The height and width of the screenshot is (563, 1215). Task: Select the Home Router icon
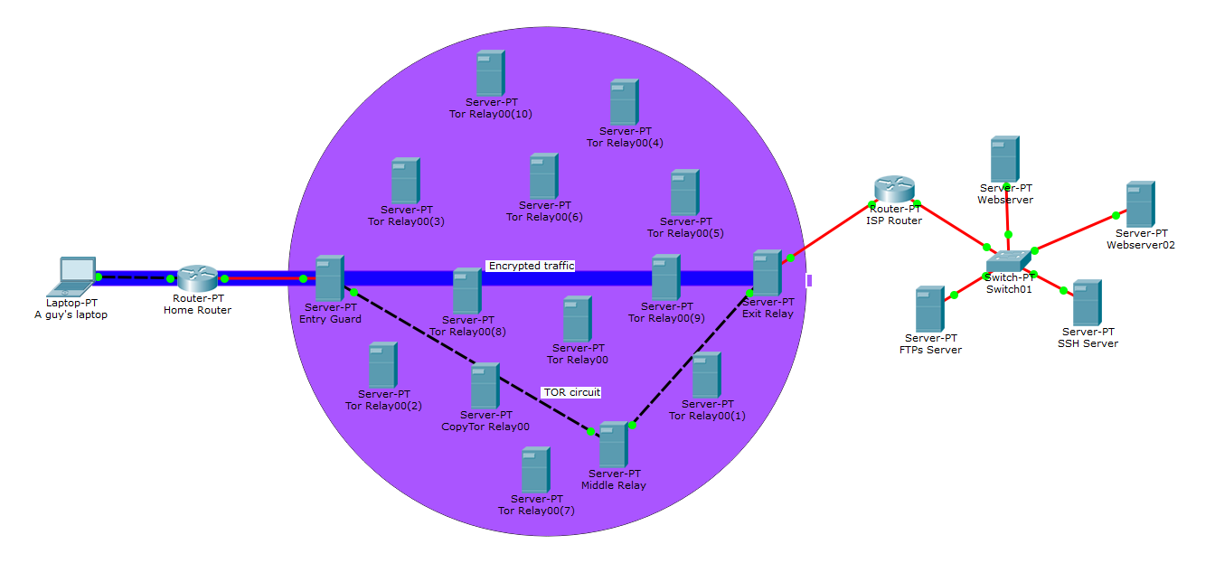(197, 277)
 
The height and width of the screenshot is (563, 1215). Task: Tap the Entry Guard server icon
(329, 277)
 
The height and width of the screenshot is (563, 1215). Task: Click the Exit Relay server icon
(767, 273)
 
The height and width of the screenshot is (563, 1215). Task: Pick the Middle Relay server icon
(613, 444)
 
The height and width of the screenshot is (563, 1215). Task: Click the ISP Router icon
(894, 190)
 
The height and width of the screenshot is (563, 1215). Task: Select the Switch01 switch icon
(1009, 261)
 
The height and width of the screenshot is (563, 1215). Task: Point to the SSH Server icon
(1087, 303)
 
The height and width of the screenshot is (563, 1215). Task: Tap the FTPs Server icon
(929, 309)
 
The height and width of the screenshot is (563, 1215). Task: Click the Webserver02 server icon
(1140, 204)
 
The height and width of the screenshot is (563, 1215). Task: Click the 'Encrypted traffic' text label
(531, 266)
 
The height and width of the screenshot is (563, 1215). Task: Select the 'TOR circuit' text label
(571, 392)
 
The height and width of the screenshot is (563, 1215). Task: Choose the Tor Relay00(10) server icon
(491, 73)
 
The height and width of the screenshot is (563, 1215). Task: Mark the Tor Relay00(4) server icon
(624, 102)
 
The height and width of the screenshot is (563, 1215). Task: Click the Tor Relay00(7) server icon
(535, 470)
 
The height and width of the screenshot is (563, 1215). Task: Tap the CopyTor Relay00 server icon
(485, 386)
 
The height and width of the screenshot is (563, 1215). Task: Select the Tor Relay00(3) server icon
(405, 181)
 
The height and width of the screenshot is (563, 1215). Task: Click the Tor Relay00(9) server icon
(665, 277)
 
